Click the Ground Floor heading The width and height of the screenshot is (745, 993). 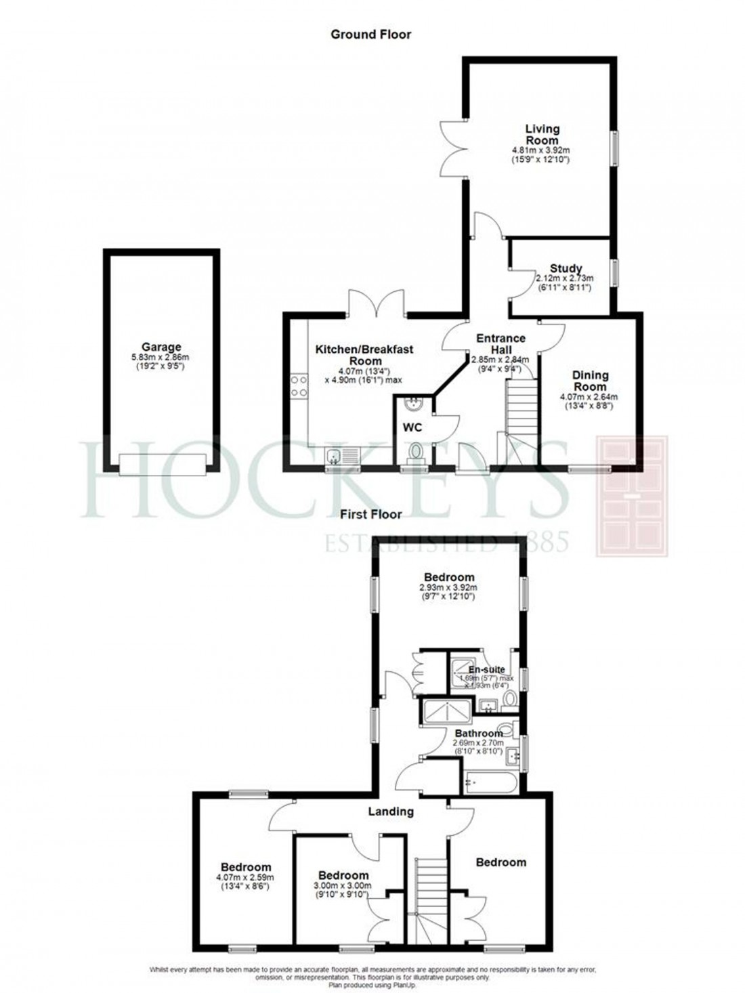tap(370, 34)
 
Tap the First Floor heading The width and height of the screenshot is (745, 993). tap(370, 515)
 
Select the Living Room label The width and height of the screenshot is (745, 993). tap(542, 134)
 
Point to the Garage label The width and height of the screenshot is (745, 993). tap(161, 347)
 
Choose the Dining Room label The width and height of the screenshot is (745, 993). tap(591, 380)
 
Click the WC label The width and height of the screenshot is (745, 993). tap(412, 427)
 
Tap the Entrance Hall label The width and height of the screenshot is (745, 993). tap(501, 343)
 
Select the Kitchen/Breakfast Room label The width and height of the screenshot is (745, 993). tap(364, 355)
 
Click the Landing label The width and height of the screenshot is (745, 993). tap(391, 811)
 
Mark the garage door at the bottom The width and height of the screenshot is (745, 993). tap(161, 465)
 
